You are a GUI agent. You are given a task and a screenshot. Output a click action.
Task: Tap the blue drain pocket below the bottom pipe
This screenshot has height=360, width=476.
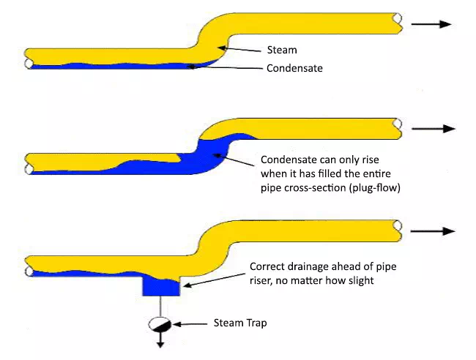tap(161, 286)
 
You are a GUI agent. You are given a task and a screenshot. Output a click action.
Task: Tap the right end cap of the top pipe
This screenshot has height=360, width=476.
tap(397, 22)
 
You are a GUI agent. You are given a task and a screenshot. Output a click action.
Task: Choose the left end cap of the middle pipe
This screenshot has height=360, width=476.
tap(29, 162)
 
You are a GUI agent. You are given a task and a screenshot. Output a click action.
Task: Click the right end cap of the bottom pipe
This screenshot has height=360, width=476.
tap(397, 230)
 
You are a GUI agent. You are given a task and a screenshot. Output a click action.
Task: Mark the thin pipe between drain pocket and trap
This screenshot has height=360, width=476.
tap(161, 306)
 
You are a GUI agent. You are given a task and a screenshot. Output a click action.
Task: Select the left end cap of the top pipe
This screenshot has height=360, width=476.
tap(29, 59)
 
